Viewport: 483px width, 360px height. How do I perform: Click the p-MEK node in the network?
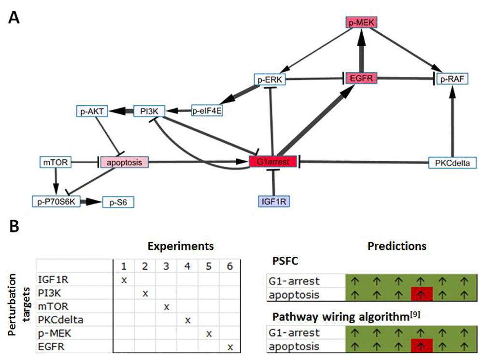click(x=361, y=22)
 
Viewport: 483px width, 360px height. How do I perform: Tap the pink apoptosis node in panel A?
click(x=124, y=162)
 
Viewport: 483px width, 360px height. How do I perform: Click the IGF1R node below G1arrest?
click(x=274, y=200)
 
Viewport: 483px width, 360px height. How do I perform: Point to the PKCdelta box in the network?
click(x=452, y=162)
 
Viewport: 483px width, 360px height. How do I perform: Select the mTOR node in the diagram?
click(x=56, y=162)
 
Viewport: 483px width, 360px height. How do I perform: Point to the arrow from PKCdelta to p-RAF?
click(x=452, y=121)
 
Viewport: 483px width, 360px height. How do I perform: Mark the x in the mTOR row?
click(x=166, y=306)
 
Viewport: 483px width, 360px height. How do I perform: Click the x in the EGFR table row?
click(x=230, y=346)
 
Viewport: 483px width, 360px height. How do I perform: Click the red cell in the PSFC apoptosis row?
click(x=422, y=293)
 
